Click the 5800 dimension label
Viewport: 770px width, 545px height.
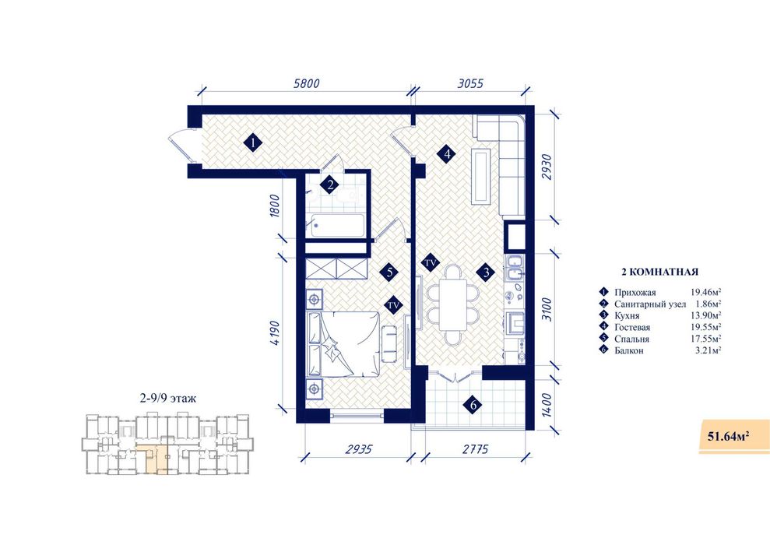pos(306,83)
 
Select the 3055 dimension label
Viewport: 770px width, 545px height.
pos(470,83)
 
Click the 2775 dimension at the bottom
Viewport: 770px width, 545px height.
pos(475,449)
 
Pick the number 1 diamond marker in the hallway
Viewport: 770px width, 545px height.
pos(253,143)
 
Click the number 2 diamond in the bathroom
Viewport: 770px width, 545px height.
pos(330,185)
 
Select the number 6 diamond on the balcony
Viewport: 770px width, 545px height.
pos(473,405)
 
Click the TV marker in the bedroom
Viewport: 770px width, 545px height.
pos(393,305)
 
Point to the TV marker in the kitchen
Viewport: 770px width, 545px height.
pos(431,263)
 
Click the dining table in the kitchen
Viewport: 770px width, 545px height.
pos(453,304)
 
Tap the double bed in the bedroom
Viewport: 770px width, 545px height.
pos(343,343)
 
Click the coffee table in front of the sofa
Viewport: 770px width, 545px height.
pos(480,176)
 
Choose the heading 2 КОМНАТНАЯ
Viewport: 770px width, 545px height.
pos(660,272)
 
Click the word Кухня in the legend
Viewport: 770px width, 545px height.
pos(627,315)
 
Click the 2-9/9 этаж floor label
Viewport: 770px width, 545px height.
pos(168,399)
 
